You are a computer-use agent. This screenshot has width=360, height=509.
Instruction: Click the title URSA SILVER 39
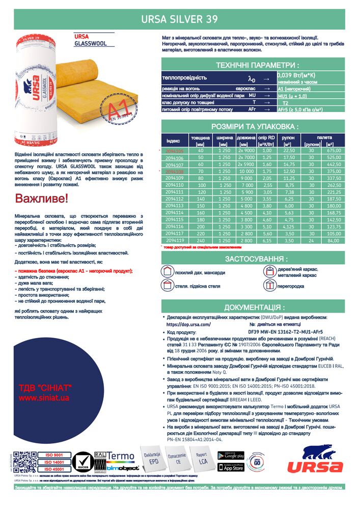click(179, 19)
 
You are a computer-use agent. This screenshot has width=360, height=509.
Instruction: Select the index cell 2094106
click(174, 158)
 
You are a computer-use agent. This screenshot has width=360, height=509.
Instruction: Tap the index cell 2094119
click(174, 239)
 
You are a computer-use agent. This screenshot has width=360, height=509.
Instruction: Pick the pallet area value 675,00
click(334, 151)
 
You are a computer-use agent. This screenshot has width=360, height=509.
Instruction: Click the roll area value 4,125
click(289, 225)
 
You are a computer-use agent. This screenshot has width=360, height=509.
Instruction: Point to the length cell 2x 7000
click(246, 158)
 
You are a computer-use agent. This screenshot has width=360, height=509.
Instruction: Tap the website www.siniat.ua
click(44, 398)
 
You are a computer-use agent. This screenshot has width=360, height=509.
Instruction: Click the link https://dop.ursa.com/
click(188, 324)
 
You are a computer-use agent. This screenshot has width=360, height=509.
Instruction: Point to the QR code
click(25, 463)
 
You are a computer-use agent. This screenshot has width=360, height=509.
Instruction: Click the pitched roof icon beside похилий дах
click(168, 271)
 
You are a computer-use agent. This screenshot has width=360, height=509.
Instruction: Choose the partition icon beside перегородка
click(270, 286)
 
